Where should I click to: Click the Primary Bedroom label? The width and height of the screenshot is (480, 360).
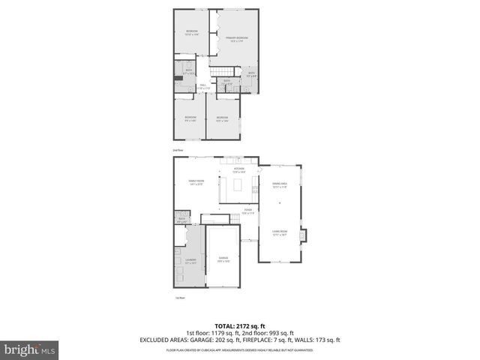pyautogui.click(x=237, y=39)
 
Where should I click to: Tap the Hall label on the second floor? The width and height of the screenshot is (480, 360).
pyautogui.click(x=202, y=86)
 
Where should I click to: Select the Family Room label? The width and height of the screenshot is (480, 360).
pyautogui.click(x=196, y=181)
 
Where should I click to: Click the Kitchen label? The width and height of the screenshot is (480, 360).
pyautogui.click(x=239, y=170)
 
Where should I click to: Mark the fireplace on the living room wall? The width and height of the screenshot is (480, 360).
pyautogui.click(x=302, y=235)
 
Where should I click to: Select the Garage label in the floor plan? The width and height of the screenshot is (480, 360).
pyautogui.click(x=223, y=259)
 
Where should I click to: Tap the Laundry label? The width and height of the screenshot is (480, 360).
pyautogui.click(x=191, y=261)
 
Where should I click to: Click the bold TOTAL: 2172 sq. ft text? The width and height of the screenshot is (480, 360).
pyautogui.click(x=240, y=327)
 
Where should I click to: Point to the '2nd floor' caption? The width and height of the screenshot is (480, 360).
pyautogui.click(x=178, y=150)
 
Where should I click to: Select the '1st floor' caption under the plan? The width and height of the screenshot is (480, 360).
pyautogui.click(x=179, y=298)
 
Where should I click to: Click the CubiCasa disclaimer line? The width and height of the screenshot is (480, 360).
pyautogui.click(x=240, y=349)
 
